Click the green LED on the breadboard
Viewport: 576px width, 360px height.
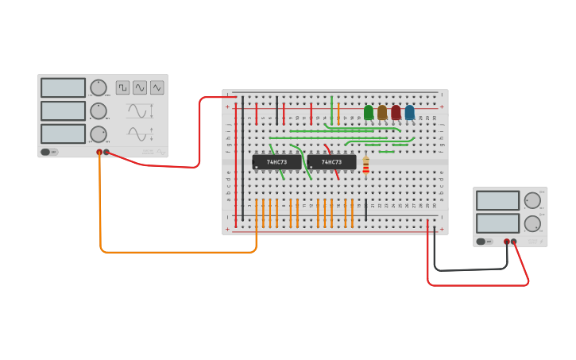tap(369, 112)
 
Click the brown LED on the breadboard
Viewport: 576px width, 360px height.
tap(382, 112)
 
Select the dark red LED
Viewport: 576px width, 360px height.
tap(396, 112)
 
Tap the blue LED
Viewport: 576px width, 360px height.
tap(410, 112)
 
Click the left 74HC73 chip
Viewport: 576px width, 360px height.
tap(276, 162)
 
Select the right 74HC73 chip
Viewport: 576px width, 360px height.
tap(331, 162)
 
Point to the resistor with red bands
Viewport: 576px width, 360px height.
tap(365, 165)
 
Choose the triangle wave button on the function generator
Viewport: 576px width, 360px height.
tap(157, 87)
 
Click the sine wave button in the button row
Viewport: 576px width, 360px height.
tap(140, 87)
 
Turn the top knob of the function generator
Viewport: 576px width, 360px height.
tap(98, 87)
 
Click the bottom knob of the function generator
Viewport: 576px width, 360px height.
tap(98, 134)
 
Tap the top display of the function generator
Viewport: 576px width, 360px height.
tap(63, 87)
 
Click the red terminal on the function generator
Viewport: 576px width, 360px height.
tap(99, 152)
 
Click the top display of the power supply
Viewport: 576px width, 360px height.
tap(497, 200)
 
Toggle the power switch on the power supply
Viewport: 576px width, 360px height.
tap(481, 242)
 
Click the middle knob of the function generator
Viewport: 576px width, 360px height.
tap(98, 110)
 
